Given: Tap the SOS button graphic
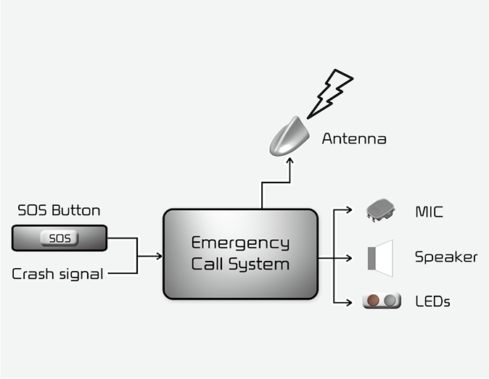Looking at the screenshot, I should pos(59,238).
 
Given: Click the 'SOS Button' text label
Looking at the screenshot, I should pos(59,211).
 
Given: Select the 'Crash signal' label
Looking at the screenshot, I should pos(57,274).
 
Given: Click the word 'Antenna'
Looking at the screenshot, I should pos(354,138).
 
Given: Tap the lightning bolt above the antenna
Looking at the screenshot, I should pos(330,92).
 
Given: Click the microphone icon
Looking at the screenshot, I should pos(382,210).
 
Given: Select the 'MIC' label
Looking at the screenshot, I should pos(429,212).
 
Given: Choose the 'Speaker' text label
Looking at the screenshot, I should pos(446,257).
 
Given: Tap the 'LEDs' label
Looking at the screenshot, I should pos(432,301).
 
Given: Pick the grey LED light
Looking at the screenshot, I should pos(390,300).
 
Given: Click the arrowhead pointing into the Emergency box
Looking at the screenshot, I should pos(159,256).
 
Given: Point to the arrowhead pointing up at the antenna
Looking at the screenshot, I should pos(289,162).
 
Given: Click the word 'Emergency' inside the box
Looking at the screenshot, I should pos(240,243).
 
